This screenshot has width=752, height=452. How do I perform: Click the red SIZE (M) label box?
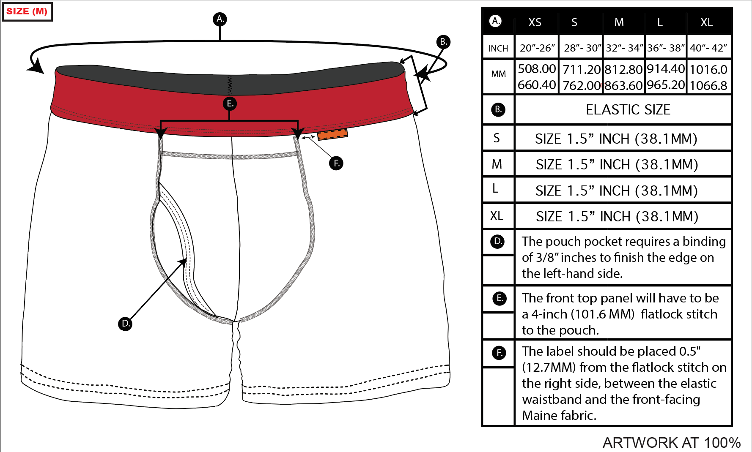[27, 11]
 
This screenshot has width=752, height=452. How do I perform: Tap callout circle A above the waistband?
[220, 19]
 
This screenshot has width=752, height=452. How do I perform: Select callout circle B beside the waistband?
[443, 42]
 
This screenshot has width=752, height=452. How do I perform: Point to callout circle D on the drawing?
[125, 324]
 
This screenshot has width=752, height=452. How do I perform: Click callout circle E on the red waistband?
[230, 103]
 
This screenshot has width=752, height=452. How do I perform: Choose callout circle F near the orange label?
[336, 163]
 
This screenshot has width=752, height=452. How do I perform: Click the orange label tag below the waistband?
[332, 134]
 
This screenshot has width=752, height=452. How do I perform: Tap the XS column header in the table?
[535, 22]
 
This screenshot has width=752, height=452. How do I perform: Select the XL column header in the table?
[706, 22]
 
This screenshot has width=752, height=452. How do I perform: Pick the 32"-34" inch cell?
[624, 48]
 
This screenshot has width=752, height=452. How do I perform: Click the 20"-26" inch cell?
[537, 48]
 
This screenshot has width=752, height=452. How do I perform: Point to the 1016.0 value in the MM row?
[708, 69]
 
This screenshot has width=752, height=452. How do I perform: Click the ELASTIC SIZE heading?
[628, 110]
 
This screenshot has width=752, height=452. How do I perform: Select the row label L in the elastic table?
[495, 188]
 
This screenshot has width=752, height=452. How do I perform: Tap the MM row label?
[498, 74]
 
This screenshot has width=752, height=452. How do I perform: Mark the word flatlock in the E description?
[660, 314]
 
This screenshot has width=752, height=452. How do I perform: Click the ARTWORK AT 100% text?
[671, 443]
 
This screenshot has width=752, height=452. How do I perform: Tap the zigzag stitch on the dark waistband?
[230, 84]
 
